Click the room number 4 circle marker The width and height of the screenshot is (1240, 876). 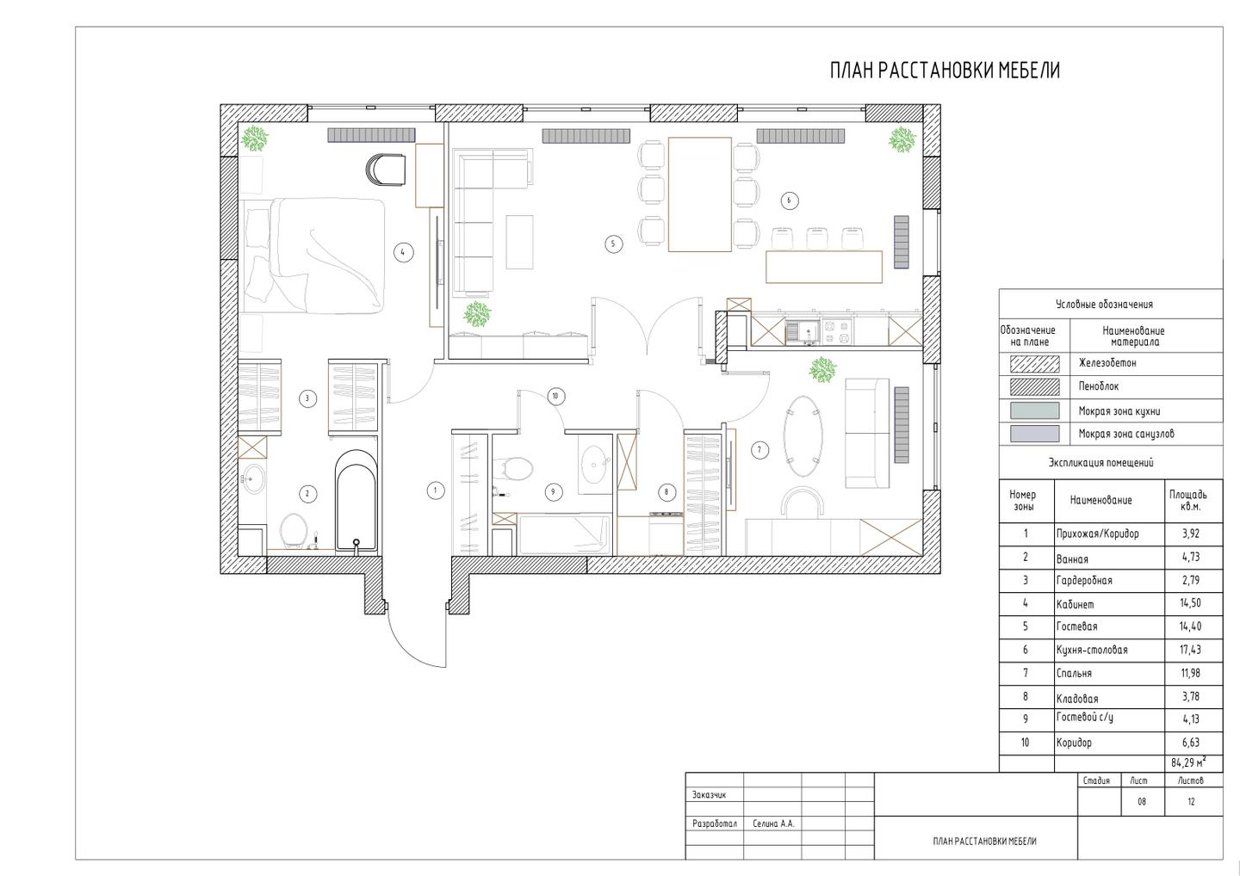coord(403,252)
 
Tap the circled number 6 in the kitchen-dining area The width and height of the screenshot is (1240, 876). coord(790,200)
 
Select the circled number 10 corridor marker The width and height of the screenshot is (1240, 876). coord(555,396)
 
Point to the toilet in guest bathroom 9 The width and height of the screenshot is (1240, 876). coord(514,469)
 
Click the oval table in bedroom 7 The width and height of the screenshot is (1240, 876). coord(803,435)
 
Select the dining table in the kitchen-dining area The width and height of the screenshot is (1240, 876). coord(700,194)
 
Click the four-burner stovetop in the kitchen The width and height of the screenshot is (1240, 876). coord(836,332)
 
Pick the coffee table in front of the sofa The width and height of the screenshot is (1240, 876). coord(519,242)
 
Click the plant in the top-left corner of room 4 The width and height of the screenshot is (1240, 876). coord(255,139)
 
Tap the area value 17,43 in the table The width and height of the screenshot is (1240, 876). coord(1190,650)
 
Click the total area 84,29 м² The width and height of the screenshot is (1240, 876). coord(1188,762)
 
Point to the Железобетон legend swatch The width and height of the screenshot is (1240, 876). coord(1034,363)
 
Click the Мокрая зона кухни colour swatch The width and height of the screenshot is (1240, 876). coord(1034,410)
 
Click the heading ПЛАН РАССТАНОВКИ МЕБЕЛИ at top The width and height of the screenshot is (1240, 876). coord(945,71)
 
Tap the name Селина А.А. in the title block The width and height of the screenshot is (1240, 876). coord(773,824)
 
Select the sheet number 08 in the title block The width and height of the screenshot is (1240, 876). coord(1142,801)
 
